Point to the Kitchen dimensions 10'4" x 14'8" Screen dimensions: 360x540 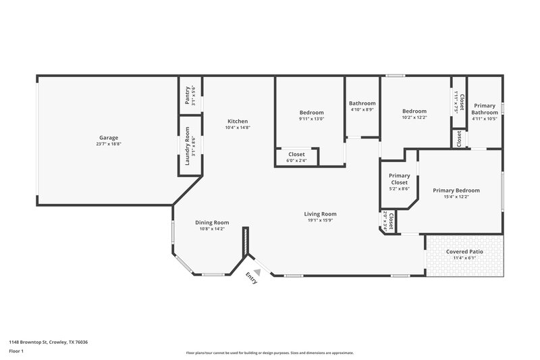(237, 127)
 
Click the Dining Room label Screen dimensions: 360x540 (212, 222)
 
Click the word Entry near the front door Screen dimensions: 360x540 (251, 278)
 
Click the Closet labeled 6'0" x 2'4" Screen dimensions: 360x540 (296, 155)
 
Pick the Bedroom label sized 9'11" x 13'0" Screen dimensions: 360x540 (311, 112)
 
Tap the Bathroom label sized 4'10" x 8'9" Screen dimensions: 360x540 (362, 103)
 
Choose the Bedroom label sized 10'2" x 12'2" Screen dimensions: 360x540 (414, 111)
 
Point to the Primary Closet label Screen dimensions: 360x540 (399, 179)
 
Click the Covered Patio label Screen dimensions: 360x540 (464, 252)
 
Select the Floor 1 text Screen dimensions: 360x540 (17, 352)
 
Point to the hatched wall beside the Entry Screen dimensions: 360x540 (246, 241)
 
